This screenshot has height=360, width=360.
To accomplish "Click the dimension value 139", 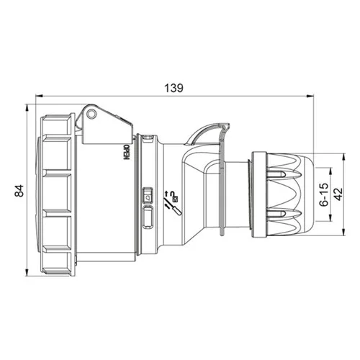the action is coord(174,88).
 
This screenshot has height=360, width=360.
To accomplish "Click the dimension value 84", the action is coord(19,190).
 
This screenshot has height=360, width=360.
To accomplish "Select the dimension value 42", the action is coord(338,194).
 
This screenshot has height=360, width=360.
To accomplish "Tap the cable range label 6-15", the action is coord(324,194).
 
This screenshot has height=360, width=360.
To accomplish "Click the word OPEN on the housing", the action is coord(127,153).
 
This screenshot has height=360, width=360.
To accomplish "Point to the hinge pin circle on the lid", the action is coord(91,114).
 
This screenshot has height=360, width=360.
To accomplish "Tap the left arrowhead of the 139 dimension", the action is coord(39,96).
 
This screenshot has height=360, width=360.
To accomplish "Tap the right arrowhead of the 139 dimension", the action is coord(310,96).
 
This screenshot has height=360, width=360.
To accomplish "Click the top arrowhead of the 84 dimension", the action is coord(27,108).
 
